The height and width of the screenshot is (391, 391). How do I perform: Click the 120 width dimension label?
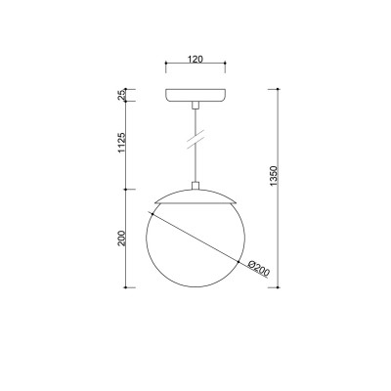(195, 59)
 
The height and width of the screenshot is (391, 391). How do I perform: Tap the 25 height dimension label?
(122, 95)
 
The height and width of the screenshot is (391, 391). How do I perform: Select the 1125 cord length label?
(122, 143)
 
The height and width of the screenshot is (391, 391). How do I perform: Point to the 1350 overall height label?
(274, 176)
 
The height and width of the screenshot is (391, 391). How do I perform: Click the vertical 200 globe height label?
(122, 239)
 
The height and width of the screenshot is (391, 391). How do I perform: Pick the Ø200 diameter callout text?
(259, 269)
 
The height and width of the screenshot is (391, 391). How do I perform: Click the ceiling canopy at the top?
(195, 95)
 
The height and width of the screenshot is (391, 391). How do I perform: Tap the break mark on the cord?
(195, 139)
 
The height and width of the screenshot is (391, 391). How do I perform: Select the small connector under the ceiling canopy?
(195, 105)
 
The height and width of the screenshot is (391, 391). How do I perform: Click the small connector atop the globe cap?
(195, 186)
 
